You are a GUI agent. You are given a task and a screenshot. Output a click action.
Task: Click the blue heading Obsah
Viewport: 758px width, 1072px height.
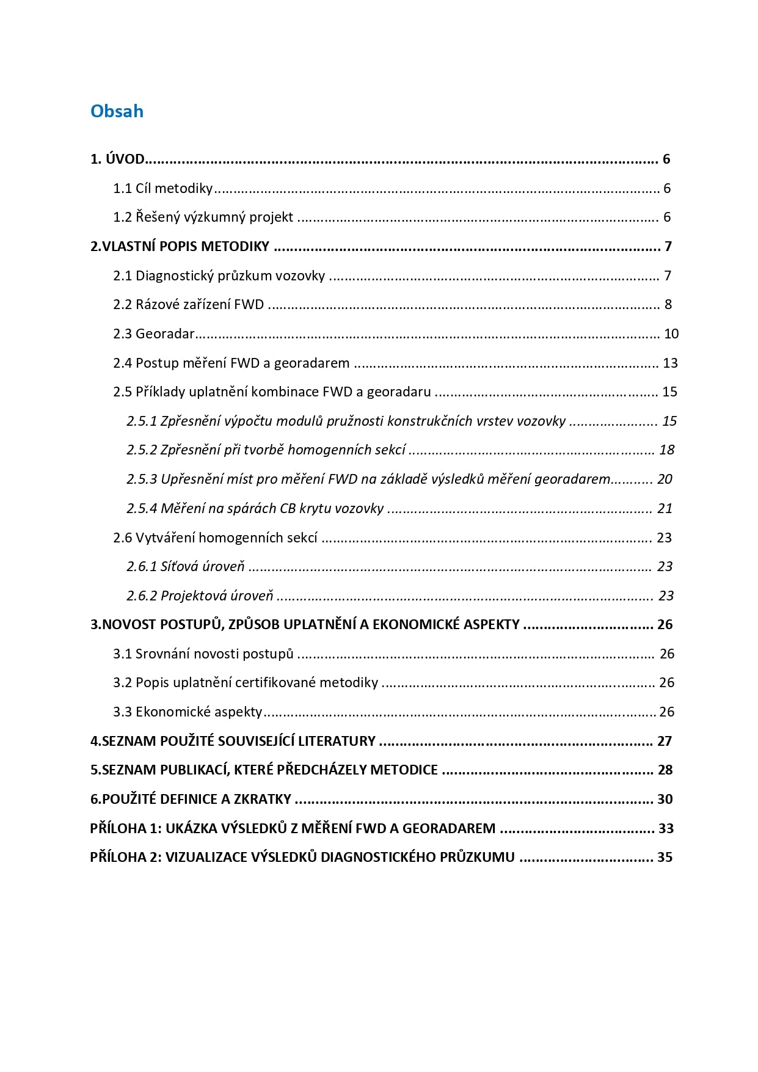tap(117, 111)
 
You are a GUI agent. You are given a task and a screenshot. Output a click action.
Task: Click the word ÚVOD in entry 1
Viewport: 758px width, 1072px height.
tap(125, 159)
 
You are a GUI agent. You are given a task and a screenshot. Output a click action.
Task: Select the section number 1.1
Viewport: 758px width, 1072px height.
tap(122, 188)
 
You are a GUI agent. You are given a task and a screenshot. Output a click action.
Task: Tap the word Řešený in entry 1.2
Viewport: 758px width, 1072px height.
tap(156, 217)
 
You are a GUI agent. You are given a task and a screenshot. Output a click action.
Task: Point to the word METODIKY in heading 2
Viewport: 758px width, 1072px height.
tap(235, 246)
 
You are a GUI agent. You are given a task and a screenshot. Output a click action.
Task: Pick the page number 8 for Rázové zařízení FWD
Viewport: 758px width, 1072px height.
tap(668, 304)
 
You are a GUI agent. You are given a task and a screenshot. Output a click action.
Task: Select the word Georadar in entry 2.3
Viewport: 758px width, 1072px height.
tap(165, 334)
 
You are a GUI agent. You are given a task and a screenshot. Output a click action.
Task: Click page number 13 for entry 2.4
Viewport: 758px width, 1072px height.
tap(670, 363)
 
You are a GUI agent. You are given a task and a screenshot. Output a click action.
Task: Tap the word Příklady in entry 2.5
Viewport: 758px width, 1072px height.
tap(160, 392)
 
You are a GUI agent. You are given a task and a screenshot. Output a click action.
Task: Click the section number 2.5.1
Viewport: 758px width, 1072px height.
tap(142, 421)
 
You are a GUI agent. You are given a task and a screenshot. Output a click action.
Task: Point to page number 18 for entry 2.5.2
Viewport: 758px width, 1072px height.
tap(666, 450)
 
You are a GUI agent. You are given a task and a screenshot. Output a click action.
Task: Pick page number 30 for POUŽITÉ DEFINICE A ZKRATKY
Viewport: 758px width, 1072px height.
tap(665, 799)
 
